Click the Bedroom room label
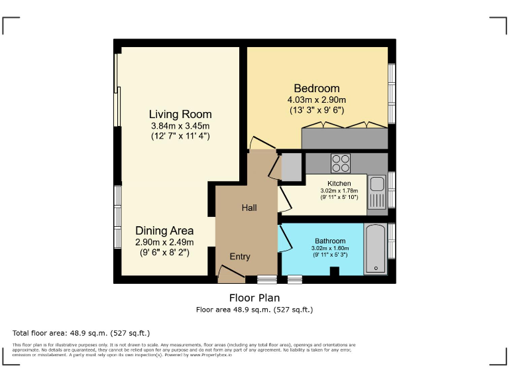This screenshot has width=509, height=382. pos(317,88)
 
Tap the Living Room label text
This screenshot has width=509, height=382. pos(180,114)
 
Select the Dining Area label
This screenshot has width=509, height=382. pos(164,231)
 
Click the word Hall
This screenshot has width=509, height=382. pos(249,208)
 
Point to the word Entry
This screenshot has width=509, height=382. pos(240,257)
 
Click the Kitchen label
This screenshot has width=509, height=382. pos(339,184)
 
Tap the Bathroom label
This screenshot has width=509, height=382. pos(330,241)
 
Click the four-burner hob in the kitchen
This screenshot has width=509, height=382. pos(341,163)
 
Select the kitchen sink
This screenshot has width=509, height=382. pos(377,192)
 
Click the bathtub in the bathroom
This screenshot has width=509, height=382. pos(376,249)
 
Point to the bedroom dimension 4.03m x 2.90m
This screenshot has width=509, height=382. pos(317,99)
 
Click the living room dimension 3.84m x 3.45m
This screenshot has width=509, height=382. pos(180,126)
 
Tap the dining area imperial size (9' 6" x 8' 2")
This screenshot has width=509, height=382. pos(164,253)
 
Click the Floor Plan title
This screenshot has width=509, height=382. pos(254,298)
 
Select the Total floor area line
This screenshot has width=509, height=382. pos(81,333)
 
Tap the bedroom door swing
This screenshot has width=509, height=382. pos(262,143)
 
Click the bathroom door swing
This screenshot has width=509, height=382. pos(286,239)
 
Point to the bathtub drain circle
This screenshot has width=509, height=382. pos(376,269)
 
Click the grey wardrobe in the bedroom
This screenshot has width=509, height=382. pos(345,139)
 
